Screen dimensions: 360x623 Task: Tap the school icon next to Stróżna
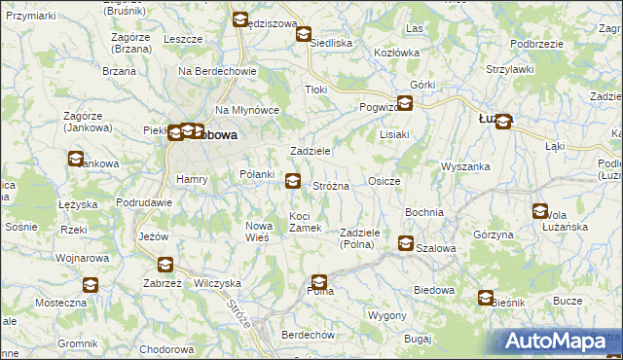click(293, 180)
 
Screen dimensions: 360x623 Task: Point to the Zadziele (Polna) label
click(365, 238)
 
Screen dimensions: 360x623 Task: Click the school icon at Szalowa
click(405, 244)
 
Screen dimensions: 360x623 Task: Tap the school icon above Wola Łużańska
click(540, 211)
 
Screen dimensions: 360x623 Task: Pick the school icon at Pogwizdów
click(404, 102)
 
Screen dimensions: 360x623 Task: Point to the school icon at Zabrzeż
click(165, 264)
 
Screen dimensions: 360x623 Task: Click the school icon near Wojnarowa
click(91, 285)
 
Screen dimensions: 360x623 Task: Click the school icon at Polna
click(318, 285)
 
